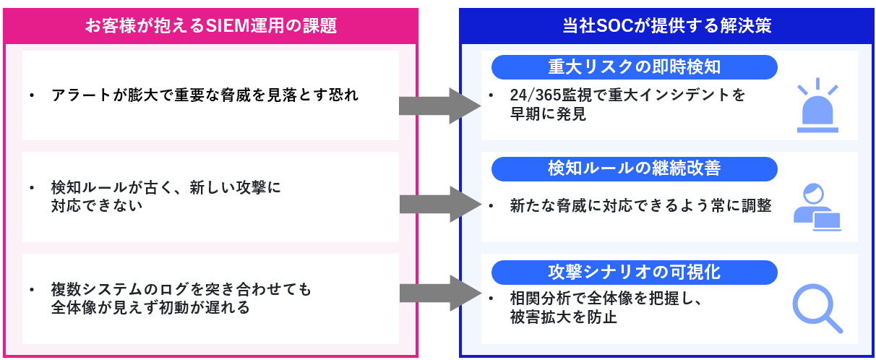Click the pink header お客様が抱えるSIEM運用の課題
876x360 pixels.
click(x=210, y=27)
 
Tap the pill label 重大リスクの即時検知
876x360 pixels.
click(x=634, y=67)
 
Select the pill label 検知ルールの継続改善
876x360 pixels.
click(x=634, y=168)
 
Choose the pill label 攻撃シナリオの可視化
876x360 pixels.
click(x=634, y=272)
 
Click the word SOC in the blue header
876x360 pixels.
click(x=613, y=27)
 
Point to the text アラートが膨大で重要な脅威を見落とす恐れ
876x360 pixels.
click(x=205, y=95)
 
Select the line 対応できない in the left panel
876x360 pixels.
click(x=96, y=205)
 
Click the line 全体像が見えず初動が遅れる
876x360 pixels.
click(x=150, y=307)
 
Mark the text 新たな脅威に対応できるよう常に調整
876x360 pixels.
click(x=640, y=206)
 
